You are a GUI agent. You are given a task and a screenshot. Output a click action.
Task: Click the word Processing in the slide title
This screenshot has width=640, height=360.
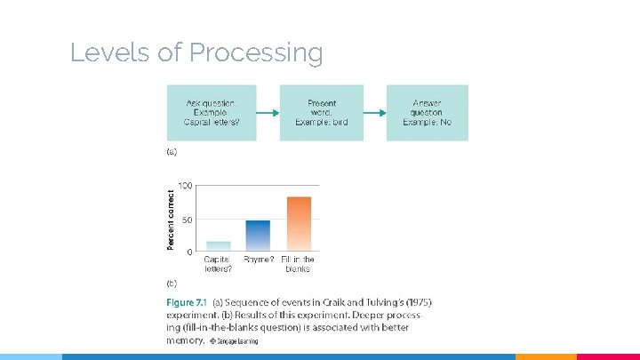[x=255, y=53]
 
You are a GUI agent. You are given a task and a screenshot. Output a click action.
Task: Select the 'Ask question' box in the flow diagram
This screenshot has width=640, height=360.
[x=212, y=113]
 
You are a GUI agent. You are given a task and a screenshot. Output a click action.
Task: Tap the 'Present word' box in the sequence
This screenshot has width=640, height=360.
[x=322, y=113]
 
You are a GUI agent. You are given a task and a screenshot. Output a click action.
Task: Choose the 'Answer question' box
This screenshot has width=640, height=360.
[x=427, y=113]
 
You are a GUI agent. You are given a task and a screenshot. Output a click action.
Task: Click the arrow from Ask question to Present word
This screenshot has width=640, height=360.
[x=268, y=113]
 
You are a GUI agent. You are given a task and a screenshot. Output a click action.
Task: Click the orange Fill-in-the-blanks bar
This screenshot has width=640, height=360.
[x=299, y=223]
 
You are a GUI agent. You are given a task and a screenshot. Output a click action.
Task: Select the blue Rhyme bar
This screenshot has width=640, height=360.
[x=258, y=236]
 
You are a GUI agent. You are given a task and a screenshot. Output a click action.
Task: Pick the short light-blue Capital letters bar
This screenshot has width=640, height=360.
[x=218, y=246]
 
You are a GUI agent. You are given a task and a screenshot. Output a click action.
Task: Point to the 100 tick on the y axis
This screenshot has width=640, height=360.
[x=185, y=185]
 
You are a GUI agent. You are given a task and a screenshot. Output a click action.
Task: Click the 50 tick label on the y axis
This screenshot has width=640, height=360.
[x=187, y=220]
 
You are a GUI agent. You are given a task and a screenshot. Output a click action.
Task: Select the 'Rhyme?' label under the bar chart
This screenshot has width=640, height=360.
[x=259, y=260]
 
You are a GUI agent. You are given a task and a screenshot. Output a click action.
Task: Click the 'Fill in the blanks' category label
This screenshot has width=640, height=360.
[x=298, y=264]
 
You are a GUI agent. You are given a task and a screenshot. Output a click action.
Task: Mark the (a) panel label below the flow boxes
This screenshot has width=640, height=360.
[x=172, y=152]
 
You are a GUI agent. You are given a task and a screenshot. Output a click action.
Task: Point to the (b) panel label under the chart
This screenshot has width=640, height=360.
[x=172, y=284]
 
